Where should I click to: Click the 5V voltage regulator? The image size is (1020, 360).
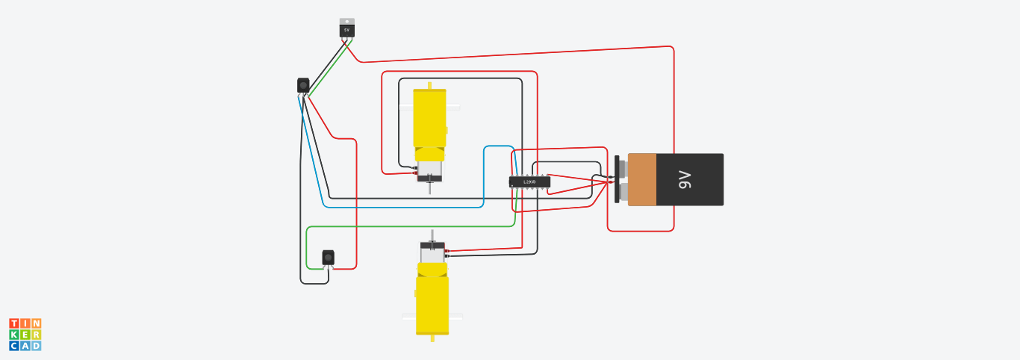tap(346, 29)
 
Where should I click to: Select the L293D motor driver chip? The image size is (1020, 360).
tap(529, 181)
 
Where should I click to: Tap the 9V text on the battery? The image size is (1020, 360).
tap(684, 179)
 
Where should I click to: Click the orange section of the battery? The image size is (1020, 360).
tap(642, 179)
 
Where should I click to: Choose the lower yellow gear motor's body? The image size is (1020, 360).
tap(432, 302)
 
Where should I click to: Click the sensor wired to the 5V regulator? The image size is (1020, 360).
tap(303, 85)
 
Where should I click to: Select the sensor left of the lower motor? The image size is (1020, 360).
tap(328, 257)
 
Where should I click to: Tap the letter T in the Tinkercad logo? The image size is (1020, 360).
tap(14, 323)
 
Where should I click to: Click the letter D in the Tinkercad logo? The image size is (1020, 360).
tap(36, 346)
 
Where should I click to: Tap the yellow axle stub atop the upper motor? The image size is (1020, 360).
tap(429, 85)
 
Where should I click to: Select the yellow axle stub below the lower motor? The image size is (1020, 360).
tap(433, 338)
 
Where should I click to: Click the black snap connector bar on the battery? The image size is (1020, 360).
tap(617, 179)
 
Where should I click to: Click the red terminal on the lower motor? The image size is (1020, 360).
tap(447, 251)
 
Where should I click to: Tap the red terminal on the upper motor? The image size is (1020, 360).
tap(415, 173)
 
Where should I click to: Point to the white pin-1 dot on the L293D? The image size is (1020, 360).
tap(512, 185)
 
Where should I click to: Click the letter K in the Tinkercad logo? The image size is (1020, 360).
tap(14, 335)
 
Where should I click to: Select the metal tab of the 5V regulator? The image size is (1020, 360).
tap(346, 21)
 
